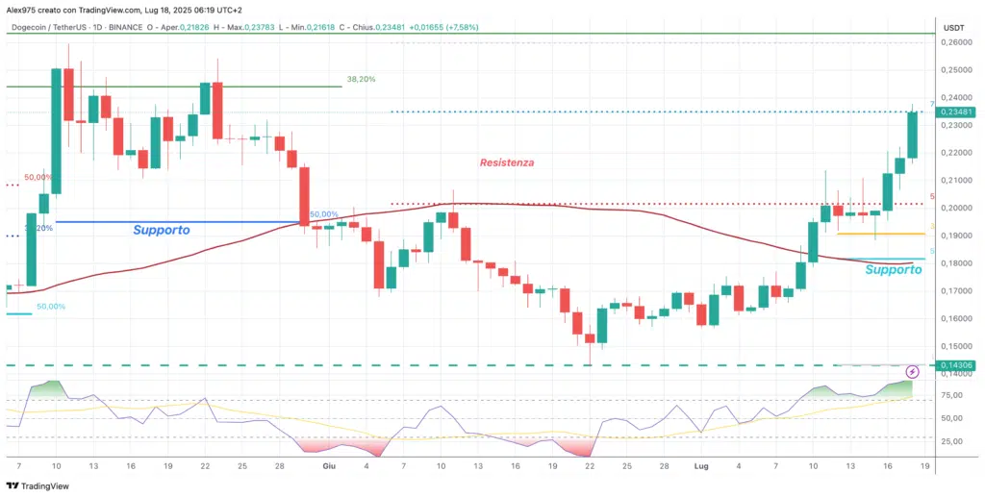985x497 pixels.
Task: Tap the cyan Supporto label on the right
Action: coord(893,270)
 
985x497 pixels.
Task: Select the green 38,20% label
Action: coord(361,80)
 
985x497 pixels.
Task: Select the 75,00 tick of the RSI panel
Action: coord(953,395)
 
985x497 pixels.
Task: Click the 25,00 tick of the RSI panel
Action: coord(953,442)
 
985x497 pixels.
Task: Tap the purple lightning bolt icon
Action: coord(914,371)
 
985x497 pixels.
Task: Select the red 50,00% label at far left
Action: coord(38,178)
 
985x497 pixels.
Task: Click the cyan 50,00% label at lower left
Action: coord(50,307)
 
